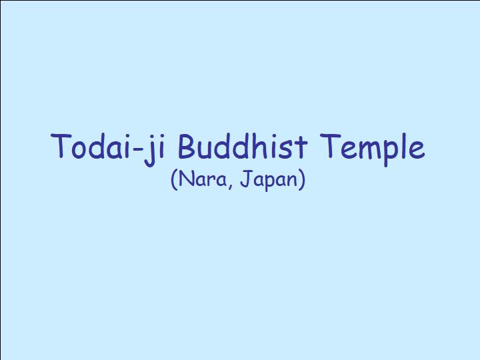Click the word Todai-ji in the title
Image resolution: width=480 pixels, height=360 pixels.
(108, 149)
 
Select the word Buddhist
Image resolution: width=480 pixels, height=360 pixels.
(242, 146)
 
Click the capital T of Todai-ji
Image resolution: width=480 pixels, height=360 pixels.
(61, 146)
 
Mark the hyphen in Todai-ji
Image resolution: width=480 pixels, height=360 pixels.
(139, 149)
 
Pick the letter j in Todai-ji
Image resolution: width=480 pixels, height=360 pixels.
(149, 151)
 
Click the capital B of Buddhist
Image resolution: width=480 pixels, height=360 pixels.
(188, 146)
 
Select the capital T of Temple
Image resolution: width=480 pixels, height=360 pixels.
(330, 146)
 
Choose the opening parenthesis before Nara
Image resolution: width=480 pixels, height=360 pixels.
(174, 180)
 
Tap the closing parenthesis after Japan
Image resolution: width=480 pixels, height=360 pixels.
(302, 180)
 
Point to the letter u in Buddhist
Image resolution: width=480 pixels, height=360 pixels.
(208, 150)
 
